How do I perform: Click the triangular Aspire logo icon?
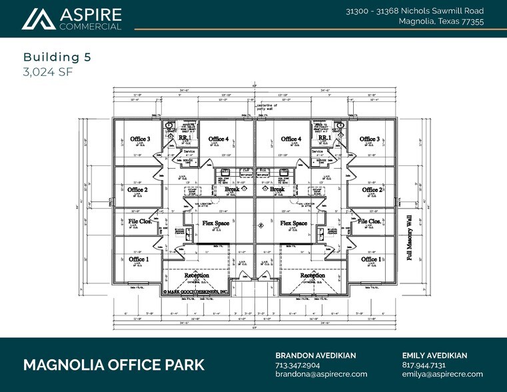pyautogui.click(x=39, y=19)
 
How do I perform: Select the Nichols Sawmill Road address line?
pyautogui.click(x=414, y=11)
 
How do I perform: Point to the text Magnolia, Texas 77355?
pyautogui.click(x=441, y=22)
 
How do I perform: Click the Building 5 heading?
pyautogui.click(x=57, y=57)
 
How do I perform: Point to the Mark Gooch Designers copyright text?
pyautogui.click(x=197, y=292)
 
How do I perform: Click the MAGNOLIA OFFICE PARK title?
pyautogui.click(x=114, y=365)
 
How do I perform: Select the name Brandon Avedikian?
pyautogui.click(x=315, y=355)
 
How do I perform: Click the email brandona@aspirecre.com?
pyautogui.click(x=321, y=375)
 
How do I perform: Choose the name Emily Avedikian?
pyautogui.click(x=434, y=355)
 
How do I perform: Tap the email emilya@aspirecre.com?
pyautogui.click(x=442, y=375)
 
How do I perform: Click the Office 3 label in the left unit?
pyautogui.click(x=139, y=139)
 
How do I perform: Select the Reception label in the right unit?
pyautogui.click(x=312, y=275)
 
